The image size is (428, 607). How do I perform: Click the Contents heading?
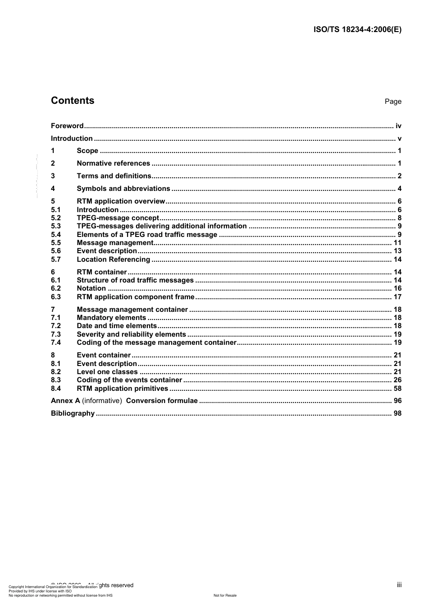[x=73, y=101]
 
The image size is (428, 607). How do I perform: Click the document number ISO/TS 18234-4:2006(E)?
[x=357, y=30]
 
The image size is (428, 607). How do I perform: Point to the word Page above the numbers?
[x=393, y=102]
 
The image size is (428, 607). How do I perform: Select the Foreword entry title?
[x=67, y=126]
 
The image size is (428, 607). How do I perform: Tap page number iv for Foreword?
[x=398, y=126]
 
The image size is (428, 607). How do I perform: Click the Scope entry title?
[x=87, y=151]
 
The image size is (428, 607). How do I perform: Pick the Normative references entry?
[x=113, y=163]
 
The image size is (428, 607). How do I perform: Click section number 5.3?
[x=56, y=226]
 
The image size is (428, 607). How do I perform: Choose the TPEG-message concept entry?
[x=118, y=218]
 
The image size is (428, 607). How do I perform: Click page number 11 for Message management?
[x=397, y=243]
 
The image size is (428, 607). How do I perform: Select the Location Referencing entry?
[x=113, y=259]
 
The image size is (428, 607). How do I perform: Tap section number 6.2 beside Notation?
[x=56, y=288]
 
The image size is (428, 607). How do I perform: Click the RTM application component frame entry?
[x=135, y=297]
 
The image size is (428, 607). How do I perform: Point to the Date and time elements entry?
[x=117, y=326]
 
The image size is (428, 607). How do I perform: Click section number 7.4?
[x=56, y=343]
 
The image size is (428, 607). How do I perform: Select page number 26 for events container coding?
[x=397, y=380]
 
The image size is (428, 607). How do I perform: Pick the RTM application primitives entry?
[x=122, y=389]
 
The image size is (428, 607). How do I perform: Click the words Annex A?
[x=65, y=401]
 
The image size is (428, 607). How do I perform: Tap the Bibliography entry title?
[x=73, y=413]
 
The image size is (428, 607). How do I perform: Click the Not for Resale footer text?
[x=225, y=595]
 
